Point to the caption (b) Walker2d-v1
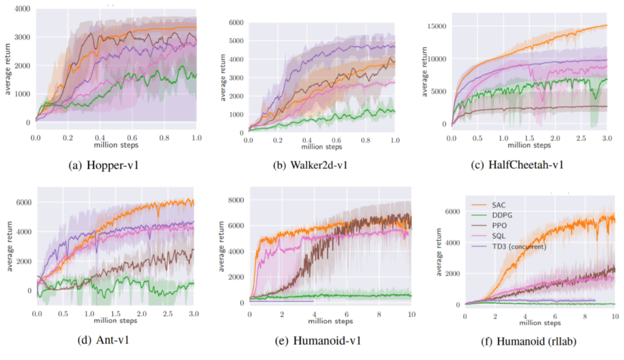tap(311, 165)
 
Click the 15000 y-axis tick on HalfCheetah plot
tap(440, 26)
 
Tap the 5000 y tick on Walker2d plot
tap(236, 40)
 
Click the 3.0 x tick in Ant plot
tap(194, 313)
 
